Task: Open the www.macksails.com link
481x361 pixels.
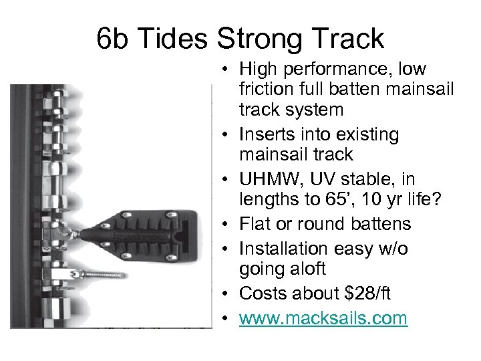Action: [x=323, y=318]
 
